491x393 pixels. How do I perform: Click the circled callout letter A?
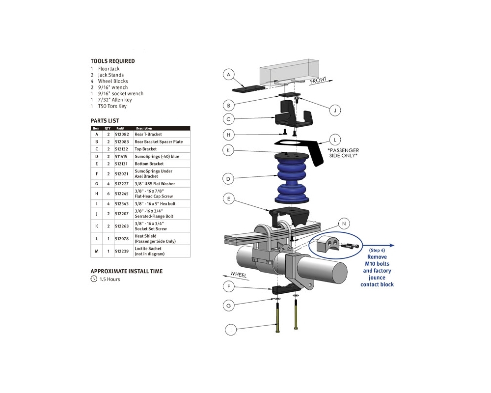coord(228,75)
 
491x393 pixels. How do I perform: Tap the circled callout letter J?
coord(334,110)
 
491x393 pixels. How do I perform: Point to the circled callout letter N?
coord(344,224)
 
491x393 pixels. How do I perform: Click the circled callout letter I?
coord(231,330)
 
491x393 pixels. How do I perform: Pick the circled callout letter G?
coord(228,306)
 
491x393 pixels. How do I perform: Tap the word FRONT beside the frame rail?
coord(319,81)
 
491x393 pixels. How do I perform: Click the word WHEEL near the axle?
coord(239,275)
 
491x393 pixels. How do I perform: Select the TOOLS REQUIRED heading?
coord(112,61)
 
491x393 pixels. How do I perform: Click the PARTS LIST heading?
coord(105,121)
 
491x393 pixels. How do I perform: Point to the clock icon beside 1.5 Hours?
coord(94,279)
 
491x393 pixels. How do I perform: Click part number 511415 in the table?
coord(121,156)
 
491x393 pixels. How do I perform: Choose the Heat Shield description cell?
coord(155,239)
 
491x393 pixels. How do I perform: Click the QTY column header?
coord(108,128)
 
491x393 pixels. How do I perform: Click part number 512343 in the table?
coord(121,203)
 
